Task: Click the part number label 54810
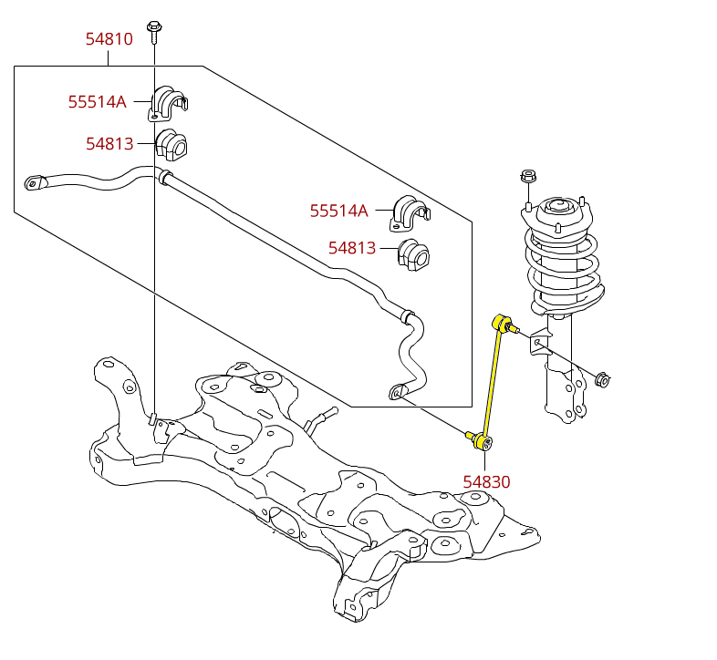[x=109, y=39]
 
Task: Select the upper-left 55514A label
[x=97, y=102]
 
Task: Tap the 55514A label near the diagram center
[x=338, y=211]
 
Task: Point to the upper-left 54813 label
[x=109, y=144]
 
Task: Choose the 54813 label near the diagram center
[x=351, y=248]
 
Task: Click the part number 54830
[x=486, y=482]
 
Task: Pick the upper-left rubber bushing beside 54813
[x=171, y=146]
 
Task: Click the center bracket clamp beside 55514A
[x=410, y=212]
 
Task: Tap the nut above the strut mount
[x=527, y=176]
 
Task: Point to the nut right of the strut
[x=602, y=378]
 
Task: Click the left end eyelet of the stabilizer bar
[x=34, y=183]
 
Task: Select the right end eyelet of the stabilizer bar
[x=400, y=393]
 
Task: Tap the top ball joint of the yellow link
[x=501, y=322]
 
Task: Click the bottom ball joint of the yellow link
[x=482, y=442]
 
